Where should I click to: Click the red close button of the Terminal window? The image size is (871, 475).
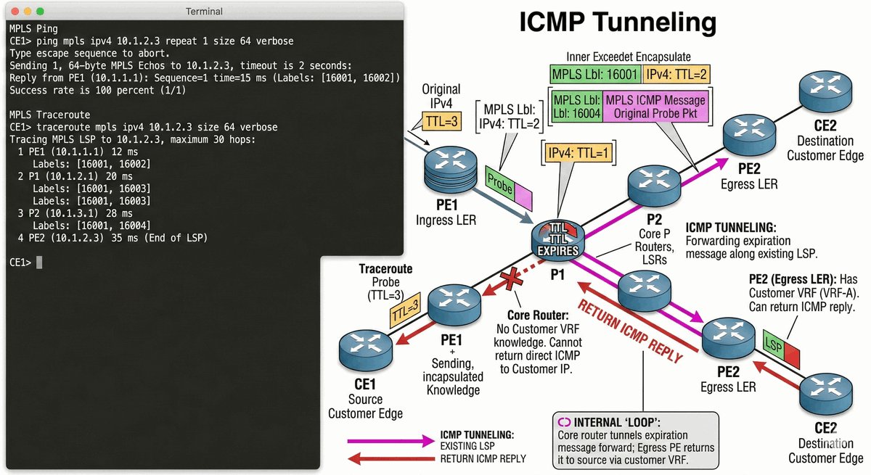click(13, 12)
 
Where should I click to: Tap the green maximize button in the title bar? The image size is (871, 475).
click(39, 12)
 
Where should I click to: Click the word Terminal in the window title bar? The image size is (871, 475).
click(204, 12)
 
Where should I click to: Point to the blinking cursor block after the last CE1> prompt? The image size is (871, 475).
click(39, 262)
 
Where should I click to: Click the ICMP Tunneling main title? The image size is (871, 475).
click(618, 23)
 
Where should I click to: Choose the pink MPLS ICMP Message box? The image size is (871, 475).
click(655, 105)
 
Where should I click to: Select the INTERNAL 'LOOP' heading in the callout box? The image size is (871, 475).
click(615, 421)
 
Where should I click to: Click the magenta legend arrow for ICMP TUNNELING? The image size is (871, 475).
click(388, 439)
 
